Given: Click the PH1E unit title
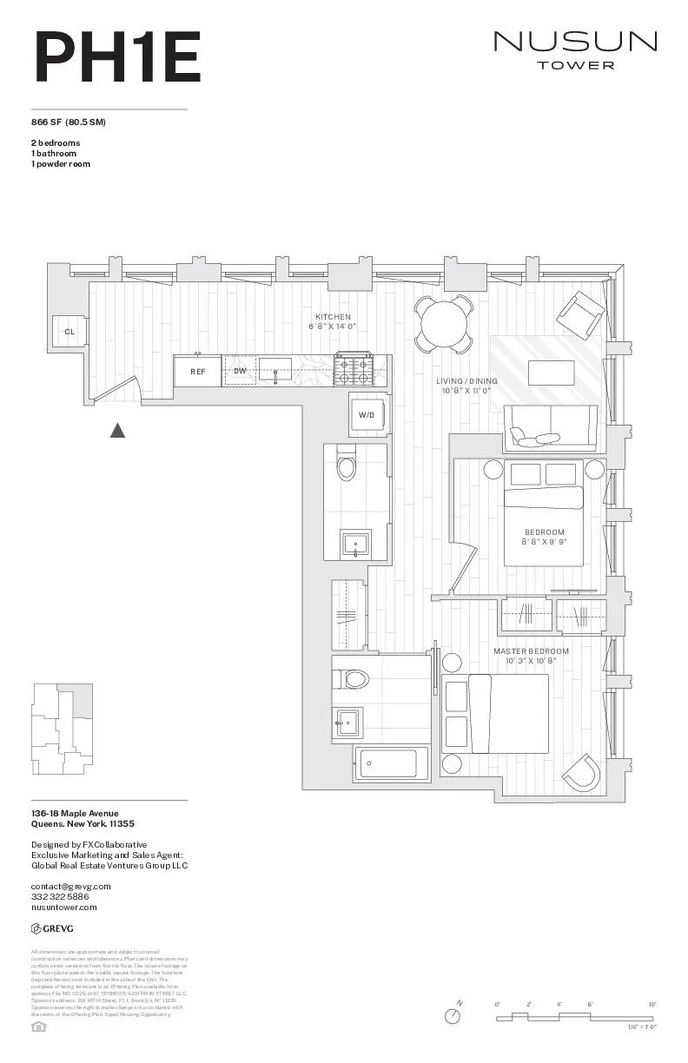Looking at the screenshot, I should pyautogui.click(x=116, y=56).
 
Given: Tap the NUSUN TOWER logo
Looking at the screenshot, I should pyautogui.click(x=575, y=49).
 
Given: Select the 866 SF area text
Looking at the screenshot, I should pyautogui.click(x=69, y=122).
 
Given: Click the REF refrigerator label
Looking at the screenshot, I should pyautogui.click(x=198, y=371).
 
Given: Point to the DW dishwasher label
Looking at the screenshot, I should pyautogui.click(x=240, y=371).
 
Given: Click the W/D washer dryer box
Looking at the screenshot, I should pyautogui.click(x=367, y=415).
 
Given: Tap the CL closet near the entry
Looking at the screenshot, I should pyautogui.click(x=69, y=332).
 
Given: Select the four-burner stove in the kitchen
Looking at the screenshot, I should pyautogui.click(x=354, y=371).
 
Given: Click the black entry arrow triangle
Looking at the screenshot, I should pyautogui.click(x=117, y=429).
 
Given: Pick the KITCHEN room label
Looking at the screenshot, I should pyautogui.click(x=333, y=317).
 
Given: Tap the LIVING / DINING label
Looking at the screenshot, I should pyautogui.click(x=467, y=381).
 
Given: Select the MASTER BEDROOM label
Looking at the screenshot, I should pyautogui.click(x=531, y=650).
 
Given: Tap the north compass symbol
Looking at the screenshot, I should pyautogui.click(x=453, y=1015).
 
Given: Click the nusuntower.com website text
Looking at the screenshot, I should pyautogui.click(x=63, y=907).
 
